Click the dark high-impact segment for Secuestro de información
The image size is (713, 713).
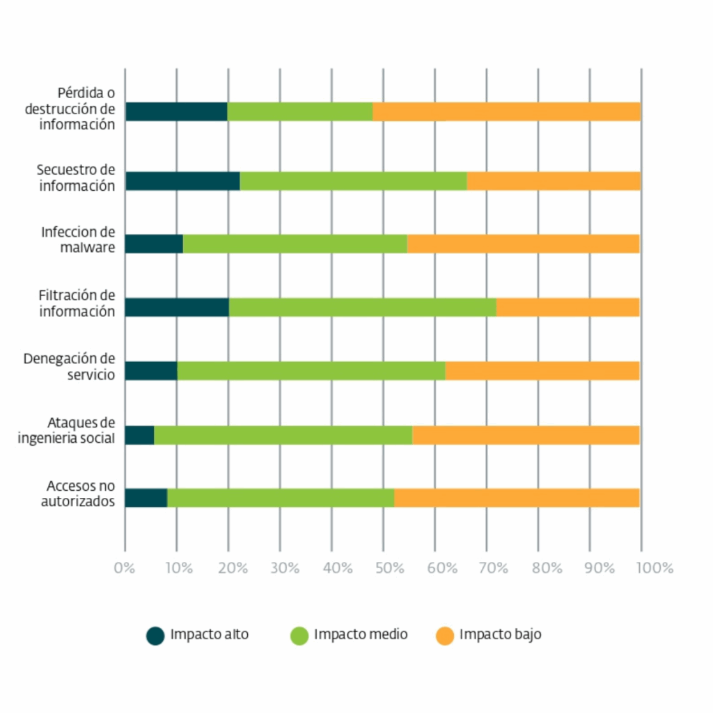[x=182, y=181]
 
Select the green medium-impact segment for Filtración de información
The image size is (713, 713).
[x=362, y=307]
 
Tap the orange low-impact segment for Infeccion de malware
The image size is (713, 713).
[x=523, y=244]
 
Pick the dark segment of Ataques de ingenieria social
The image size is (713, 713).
[x=139, y=435]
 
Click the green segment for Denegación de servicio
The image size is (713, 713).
[x=311, y=371]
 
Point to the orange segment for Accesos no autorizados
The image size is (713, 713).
[x=517, y=498]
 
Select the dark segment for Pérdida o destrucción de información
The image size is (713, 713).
[x=176, y=111]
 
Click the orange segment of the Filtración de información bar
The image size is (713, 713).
[x=567, y=307]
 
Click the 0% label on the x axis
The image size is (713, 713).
[x=125, y=568]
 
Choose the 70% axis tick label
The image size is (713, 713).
[x=493, y=568]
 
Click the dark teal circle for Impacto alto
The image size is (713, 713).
[x=155, y=635]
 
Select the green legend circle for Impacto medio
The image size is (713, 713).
[x=299, y=635]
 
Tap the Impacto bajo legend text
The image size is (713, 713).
[x=500, y=634]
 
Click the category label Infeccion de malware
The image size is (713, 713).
[x=78, y=240]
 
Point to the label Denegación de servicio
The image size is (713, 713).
[x=69, y=366]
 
